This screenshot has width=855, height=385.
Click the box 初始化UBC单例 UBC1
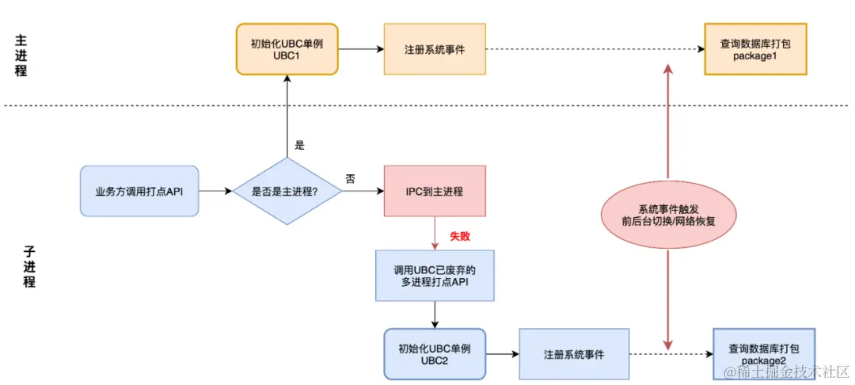click(287, 49)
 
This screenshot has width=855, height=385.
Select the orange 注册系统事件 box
click(434, 49)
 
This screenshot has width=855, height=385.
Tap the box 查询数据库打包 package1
click(755, 49)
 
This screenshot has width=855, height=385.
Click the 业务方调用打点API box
click(139, 191)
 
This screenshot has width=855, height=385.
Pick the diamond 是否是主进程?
click(287, 191)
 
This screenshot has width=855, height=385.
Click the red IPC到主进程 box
click(434, 191)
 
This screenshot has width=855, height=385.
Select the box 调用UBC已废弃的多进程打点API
click(434, 276)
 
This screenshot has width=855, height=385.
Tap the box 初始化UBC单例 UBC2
click(435, 354)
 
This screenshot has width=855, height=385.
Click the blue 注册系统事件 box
click(574, 354)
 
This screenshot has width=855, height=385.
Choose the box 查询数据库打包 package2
click(763, 354)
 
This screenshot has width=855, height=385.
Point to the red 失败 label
click(460, 236)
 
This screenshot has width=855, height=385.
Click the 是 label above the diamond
click(299, 145)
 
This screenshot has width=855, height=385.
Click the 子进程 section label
click(28, 265)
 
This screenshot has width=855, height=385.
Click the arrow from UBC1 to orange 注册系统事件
click(360, 49)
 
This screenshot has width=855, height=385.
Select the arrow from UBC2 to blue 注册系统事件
click(502, 354)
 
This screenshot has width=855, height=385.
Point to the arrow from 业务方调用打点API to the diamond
click(215, 191)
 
